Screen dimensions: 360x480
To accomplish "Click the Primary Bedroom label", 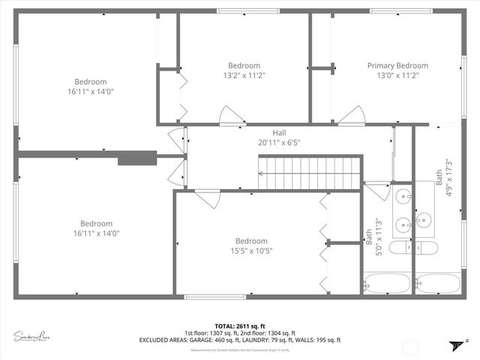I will tap(397, 65).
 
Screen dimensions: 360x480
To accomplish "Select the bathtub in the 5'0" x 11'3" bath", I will tap(387, 283).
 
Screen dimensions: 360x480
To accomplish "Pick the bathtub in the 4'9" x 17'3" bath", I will tap(437, 283).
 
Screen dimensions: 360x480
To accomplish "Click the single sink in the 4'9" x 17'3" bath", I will tap(424, 220).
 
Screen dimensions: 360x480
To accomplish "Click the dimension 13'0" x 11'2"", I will tap(397, 75).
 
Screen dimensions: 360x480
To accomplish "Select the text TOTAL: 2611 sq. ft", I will tap(239, 325).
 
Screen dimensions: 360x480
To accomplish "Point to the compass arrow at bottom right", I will tap(454, 345).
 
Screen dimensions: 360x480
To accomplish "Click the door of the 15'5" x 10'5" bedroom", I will tap(208, 198).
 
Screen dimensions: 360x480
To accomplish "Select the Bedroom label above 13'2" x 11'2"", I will tap(244, 65).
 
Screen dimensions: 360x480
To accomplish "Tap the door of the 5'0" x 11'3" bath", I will tap(377, 190).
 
